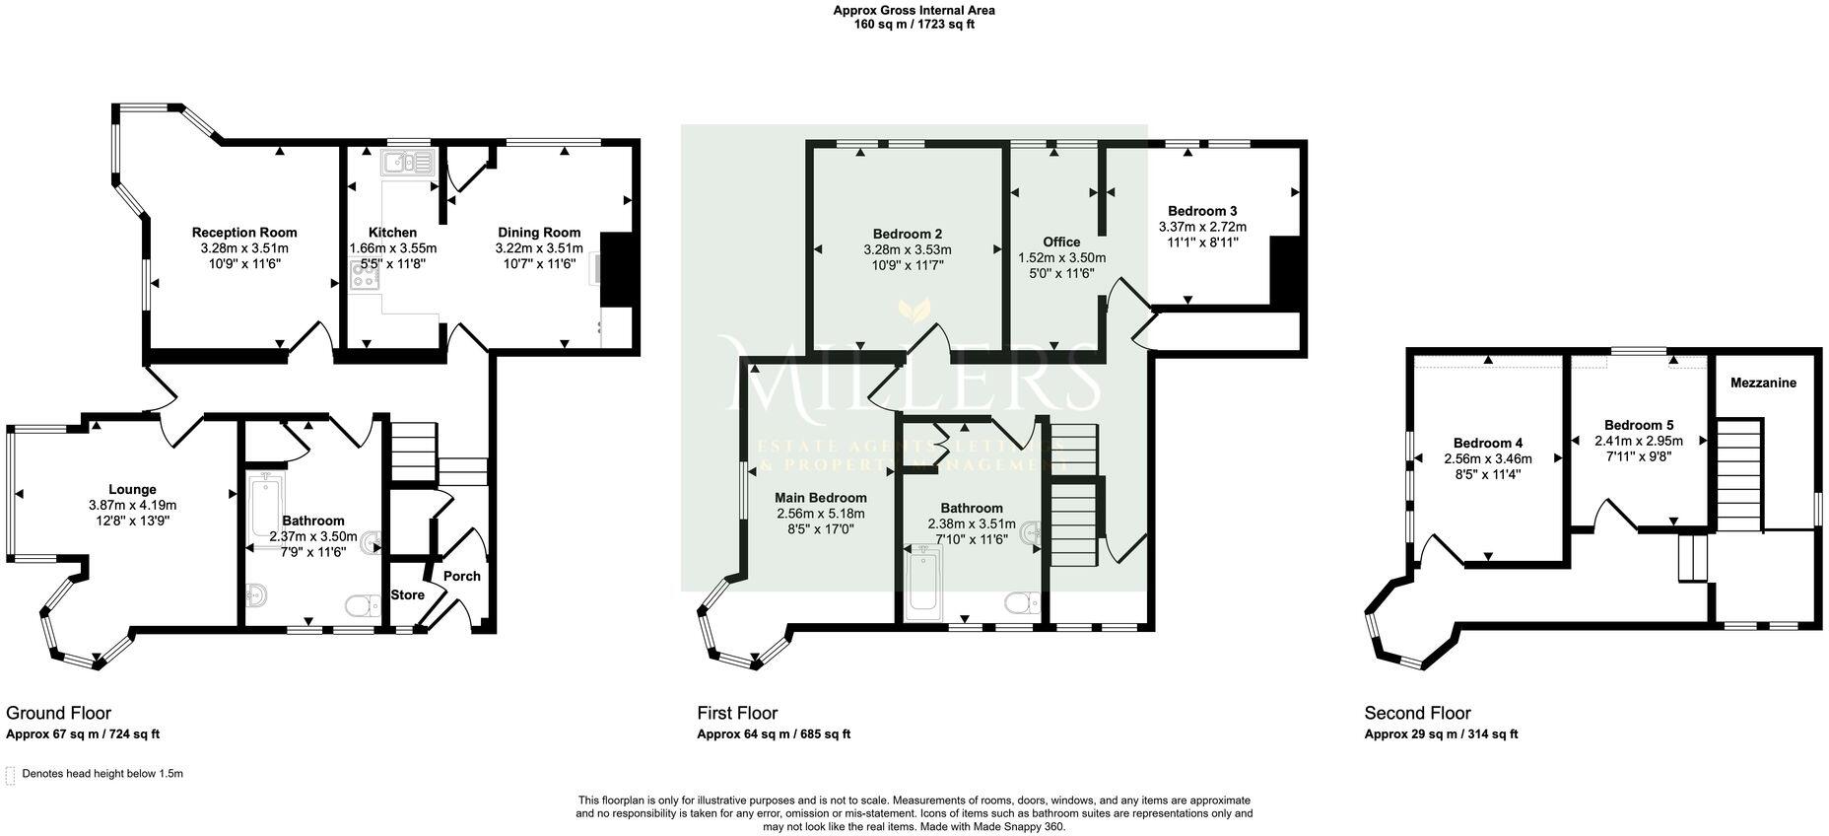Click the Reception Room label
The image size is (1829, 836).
coord(243,233)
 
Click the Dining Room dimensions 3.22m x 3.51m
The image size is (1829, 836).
coord(539,248)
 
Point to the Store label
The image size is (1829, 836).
coord(407,595)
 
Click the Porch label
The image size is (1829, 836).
coord(461,576)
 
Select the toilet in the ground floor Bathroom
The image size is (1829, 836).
coord(360,604)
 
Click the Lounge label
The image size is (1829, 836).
coord(132,489)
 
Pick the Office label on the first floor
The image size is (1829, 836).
coord(1061,242)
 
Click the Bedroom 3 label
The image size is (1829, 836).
coord(1202,211)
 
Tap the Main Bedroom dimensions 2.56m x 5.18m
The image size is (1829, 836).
coord(820,514)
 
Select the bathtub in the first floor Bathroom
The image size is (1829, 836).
coord(923,580)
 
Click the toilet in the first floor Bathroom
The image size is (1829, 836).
coord(1020,600)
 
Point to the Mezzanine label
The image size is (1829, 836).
coord(1763,383)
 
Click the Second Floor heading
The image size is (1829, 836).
coord(1417,713)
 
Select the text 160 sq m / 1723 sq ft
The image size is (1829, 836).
coord(914,25)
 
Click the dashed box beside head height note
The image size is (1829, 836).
coord(11,775)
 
